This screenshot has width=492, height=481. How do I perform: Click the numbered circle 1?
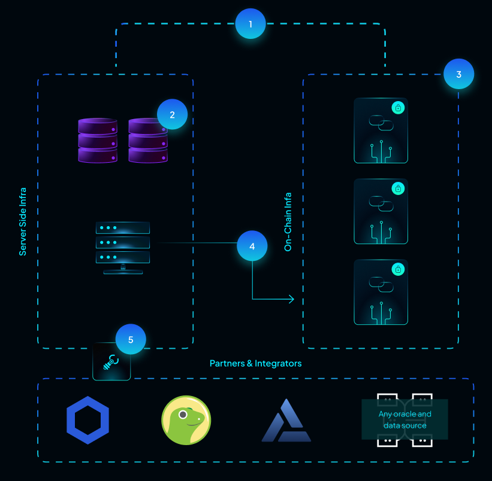tap(250, 24)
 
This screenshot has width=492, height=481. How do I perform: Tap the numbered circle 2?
tap(172, 114)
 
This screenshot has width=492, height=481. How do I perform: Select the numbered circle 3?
tap(458, 75)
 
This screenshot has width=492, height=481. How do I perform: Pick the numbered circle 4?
tap(252, 246)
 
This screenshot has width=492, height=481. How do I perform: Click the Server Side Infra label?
tap(23, 222)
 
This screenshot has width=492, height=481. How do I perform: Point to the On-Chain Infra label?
tap(288, 221)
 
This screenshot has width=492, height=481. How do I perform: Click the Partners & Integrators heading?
tap(255, 363)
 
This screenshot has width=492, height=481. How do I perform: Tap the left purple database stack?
tap(98, 140)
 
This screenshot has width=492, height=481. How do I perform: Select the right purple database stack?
tap(147, 140)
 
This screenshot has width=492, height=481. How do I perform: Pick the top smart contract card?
tap(381, 130)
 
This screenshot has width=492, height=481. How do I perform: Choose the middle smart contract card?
tap(381, 211)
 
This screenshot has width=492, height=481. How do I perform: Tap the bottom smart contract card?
tap(381, 292)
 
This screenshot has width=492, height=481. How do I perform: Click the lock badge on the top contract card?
tap(399, 108)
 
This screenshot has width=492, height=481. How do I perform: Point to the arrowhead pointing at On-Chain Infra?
tap(292, 299)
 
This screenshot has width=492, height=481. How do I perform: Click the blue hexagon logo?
tap(87, 420)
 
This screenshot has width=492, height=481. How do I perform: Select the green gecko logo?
tap(186, 420)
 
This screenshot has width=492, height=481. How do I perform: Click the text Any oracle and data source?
tap(405, 419)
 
